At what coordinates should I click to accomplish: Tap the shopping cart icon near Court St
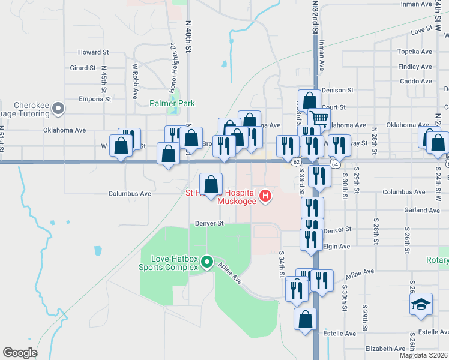(319, 119)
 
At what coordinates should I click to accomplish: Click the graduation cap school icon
(421, 305)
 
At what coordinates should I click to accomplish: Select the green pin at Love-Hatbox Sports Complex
(207, 262)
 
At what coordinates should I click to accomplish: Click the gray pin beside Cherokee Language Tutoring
(58, 109)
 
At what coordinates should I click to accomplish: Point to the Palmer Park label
(172, 103)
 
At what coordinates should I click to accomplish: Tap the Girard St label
(83, 68)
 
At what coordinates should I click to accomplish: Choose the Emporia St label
(95, 99)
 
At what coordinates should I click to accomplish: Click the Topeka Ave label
(415, 52)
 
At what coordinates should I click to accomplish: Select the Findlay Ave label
(415, 67)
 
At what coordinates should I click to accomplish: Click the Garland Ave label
(422, 211)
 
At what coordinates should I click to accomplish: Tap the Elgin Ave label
(336, 247)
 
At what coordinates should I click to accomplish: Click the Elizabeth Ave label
(385, 349)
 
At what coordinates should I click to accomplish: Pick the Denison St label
(337, 90)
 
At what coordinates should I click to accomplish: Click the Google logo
(20, 353)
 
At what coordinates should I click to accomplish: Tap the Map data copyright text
(423, 355)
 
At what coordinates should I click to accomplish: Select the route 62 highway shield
(296, 162)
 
